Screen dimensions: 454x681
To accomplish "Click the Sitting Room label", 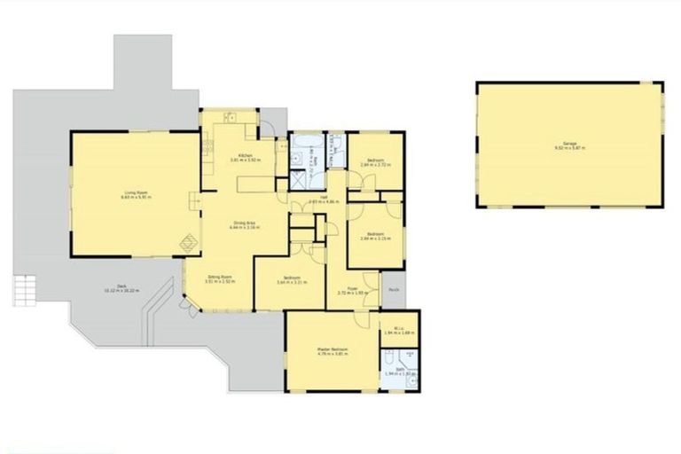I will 220,280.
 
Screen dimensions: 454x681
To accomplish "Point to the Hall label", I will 313,200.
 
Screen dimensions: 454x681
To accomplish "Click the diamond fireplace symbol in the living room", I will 187,241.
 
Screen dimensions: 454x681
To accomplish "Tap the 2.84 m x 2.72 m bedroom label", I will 374,162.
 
